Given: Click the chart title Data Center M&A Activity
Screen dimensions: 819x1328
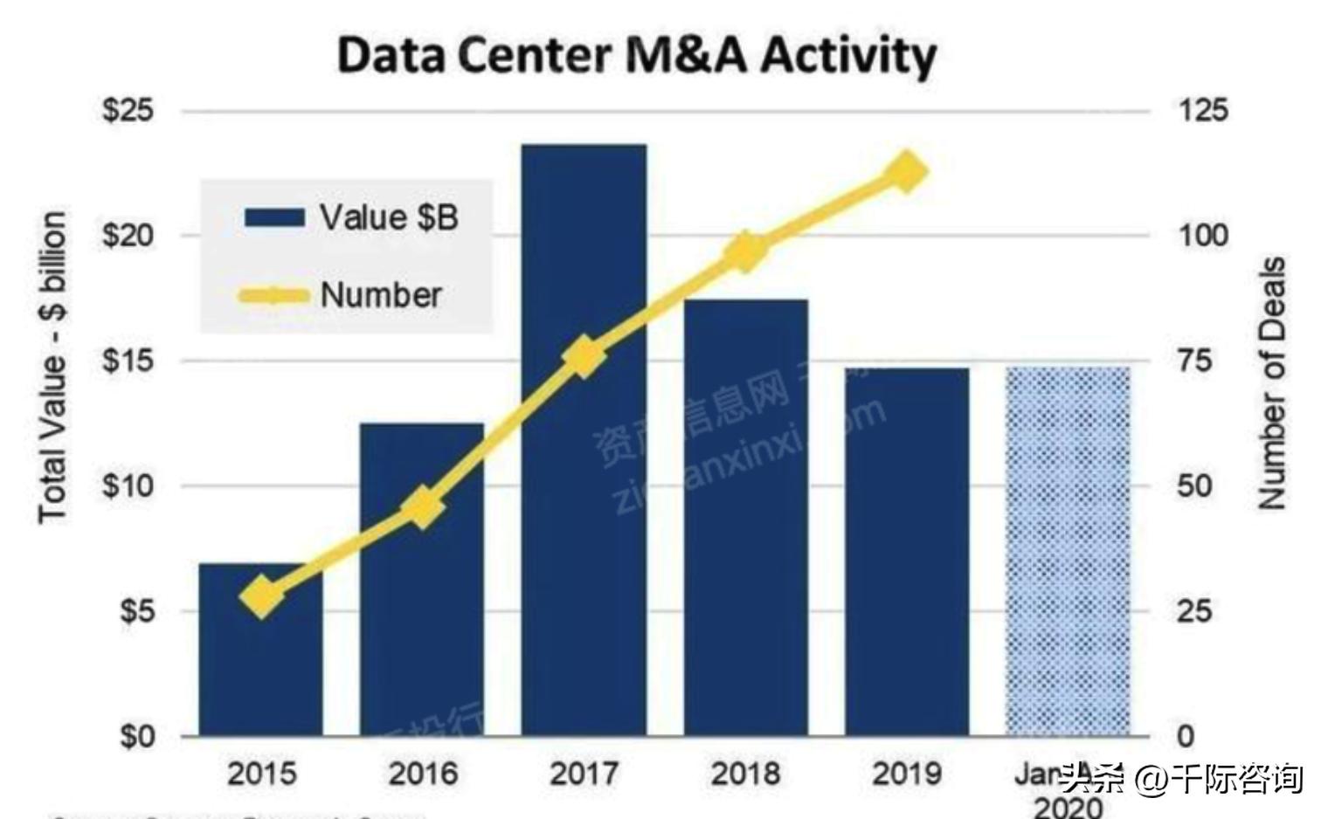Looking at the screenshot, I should click(637, 55).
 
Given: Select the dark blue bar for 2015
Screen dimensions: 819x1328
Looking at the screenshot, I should click(260, 664).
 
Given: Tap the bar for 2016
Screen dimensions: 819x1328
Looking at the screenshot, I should click(422, 611).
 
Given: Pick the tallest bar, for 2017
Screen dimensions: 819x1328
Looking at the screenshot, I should click(584, 524).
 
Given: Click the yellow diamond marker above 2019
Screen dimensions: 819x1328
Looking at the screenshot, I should click(906, 171).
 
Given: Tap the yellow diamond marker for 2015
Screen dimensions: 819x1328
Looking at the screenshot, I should click(261, 596).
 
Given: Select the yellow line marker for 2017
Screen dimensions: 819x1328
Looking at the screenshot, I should click(584, 357).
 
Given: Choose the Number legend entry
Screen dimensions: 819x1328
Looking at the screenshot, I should click(342, 295).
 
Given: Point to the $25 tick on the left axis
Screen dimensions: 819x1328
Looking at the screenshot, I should click(128, 110).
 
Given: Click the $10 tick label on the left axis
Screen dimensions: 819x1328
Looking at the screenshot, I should click(128, 485).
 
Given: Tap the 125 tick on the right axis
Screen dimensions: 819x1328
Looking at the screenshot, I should click(1203, 110).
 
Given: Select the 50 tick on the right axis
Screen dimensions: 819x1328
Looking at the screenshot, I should click(1194, 485).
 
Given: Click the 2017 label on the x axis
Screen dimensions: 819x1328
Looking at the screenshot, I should click(584, 774).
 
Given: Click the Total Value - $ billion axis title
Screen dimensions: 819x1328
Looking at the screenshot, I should click(52, 367).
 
